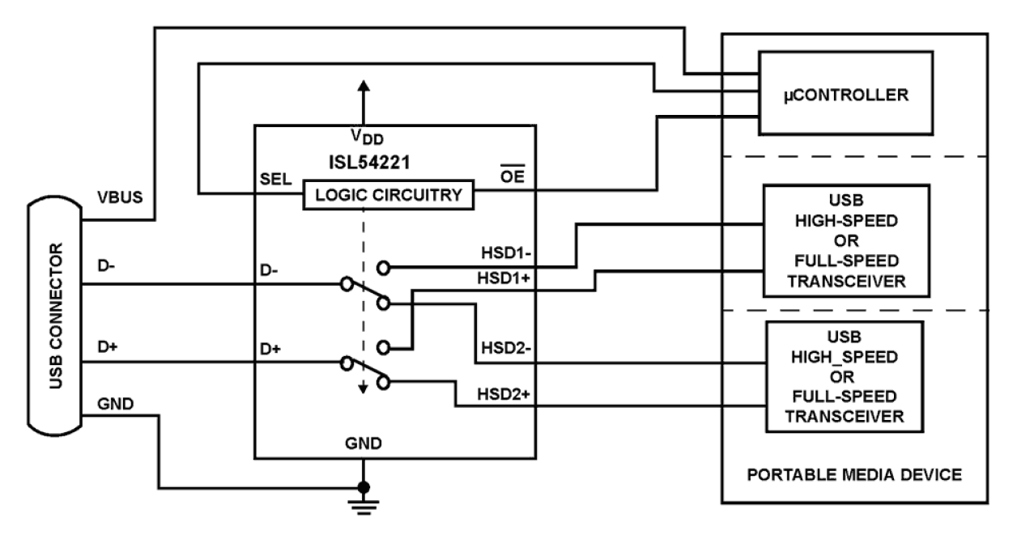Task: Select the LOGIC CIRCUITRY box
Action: click(x=388, y=195)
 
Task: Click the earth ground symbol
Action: click(x=363, y=506)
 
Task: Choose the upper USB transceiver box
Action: click(x=844, y=240)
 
